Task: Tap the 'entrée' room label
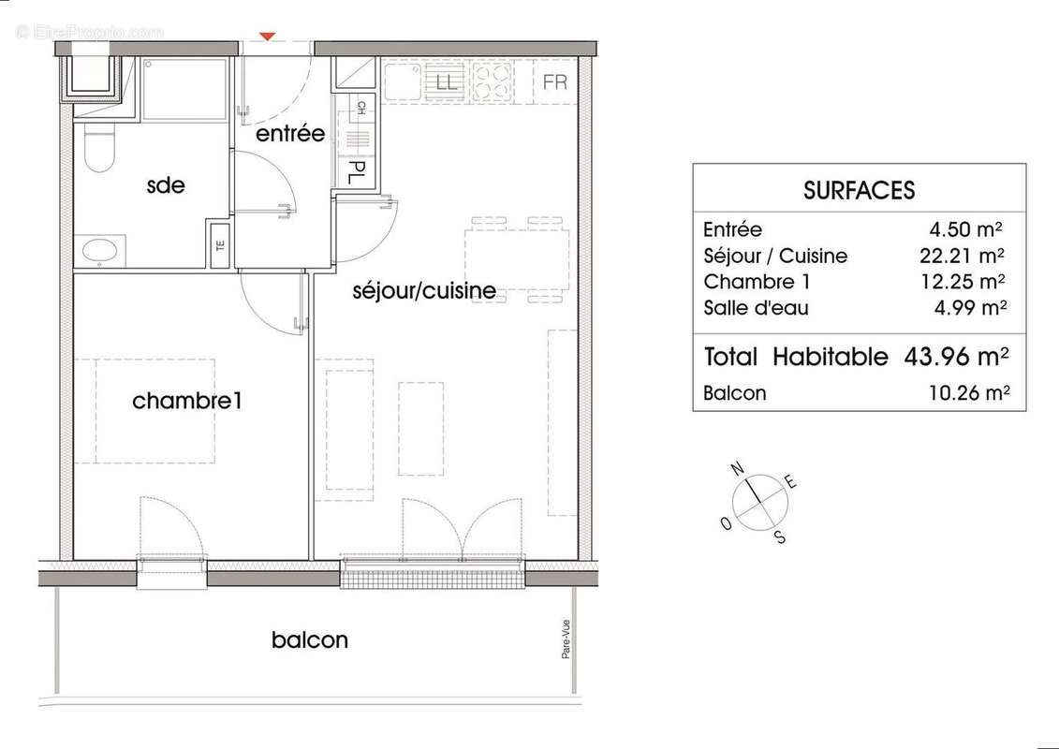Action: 290,134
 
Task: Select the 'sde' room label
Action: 166,185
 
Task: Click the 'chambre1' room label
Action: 187,402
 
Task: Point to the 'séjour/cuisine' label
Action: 424,291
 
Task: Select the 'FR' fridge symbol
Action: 555,81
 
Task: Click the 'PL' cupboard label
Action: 357,172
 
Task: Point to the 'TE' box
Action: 221,248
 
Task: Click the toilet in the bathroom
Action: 97,150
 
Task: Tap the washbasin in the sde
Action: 99,250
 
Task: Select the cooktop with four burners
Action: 493,81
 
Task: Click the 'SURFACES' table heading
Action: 859,190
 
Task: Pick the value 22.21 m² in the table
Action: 966,256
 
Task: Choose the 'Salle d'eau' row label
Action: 756,308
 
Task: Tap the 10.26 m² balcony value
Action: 966,393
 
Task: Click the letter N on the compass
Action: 738,468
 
